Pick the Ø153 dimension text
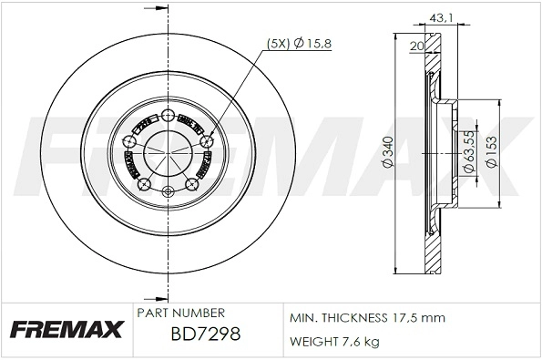point(491,151)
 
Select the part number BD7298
point(206,334)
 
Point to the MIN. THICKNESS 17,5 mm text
point(366,318)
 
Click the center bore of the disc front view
point(168,151)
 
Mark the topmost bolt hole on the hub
point(168,115)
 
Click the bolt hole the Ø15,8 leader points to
point(207,139)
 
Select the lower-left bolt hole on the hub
point(142,184)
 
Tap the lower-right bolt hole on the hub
point(190,184)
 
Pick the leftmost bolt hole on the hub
point(129,139)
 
